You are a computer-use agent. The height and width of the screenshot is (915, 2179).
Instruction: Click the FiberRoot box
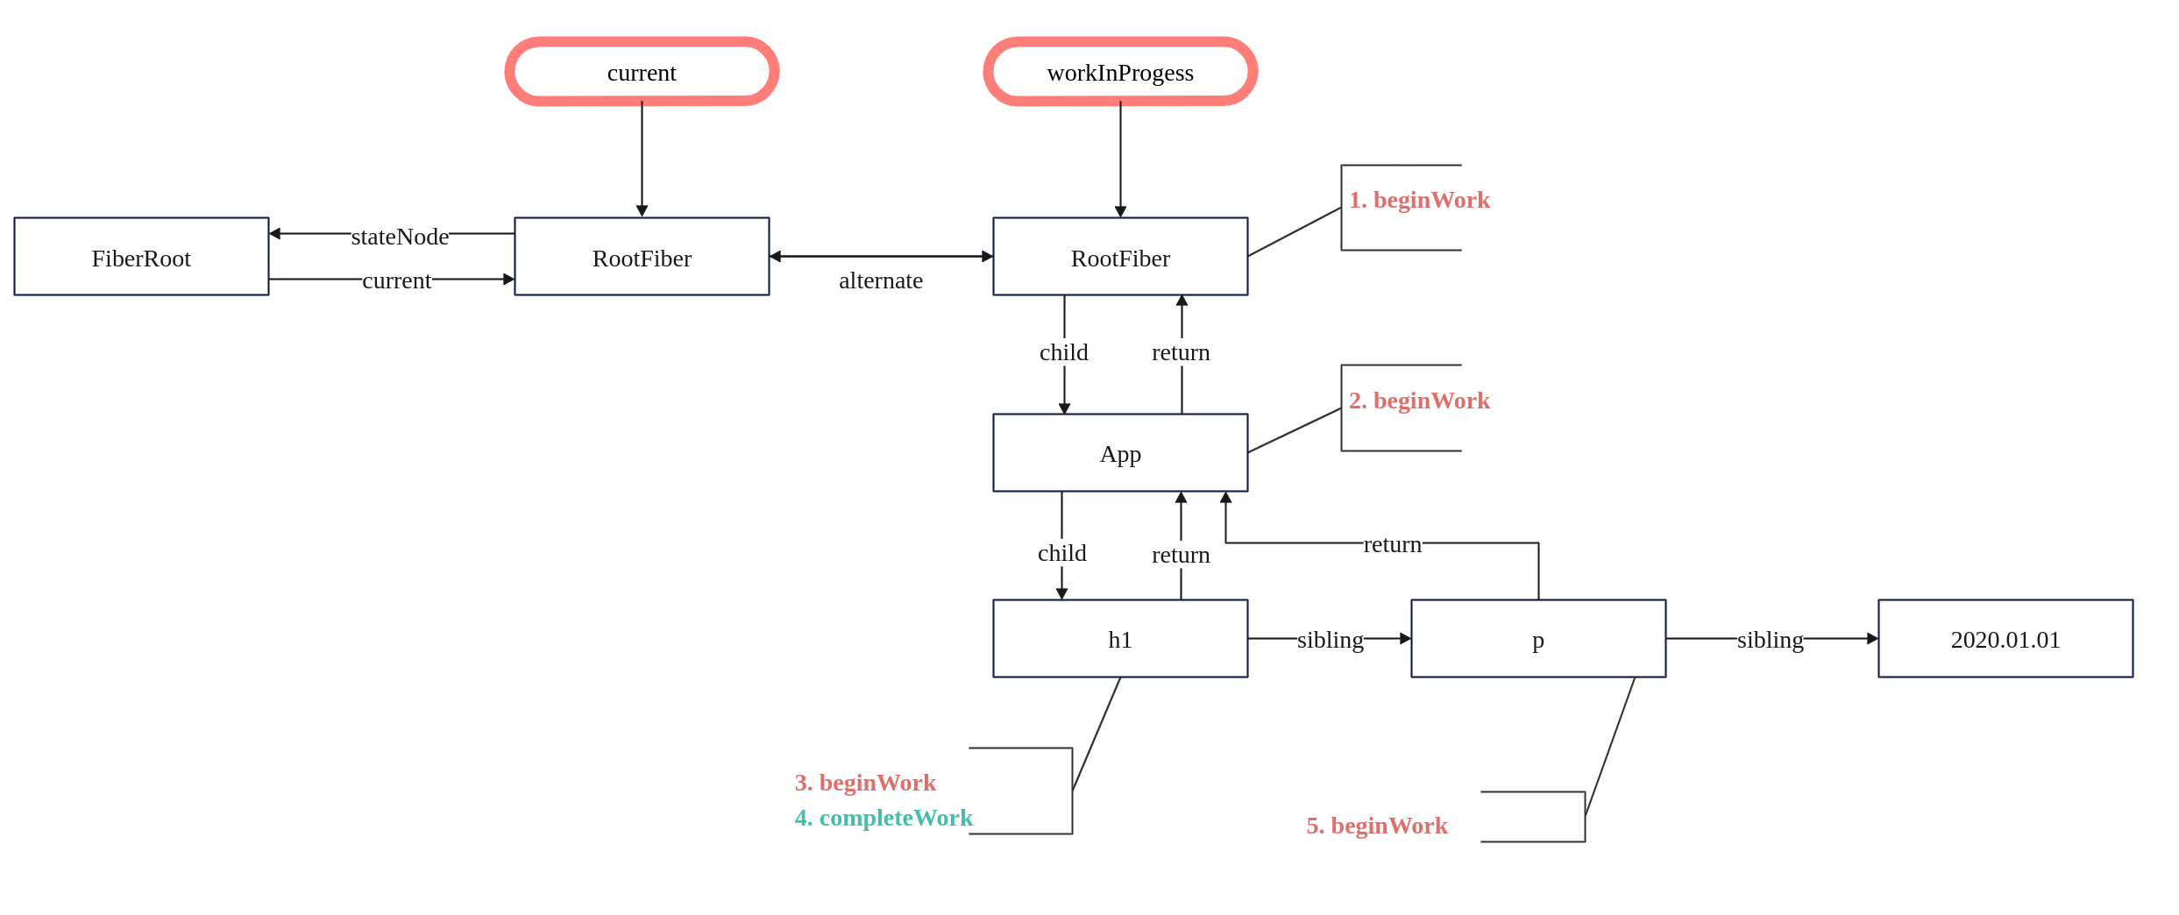[141, 257]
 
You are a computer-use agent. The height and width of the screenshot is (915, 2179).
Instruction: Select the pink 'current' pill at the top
[642, 72]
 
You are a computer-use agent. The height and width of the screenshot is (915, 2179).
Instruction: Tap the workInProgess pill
[1120, 72]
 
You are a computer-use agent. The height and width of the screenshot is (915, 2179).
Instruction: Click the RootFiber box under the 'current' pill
[642, 257]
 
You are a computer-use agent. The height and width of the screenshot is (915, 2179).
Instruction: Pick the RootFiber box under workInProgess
[1120, 257]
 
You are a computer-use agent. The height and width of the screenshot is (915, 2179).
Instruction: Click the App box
[1120, 453]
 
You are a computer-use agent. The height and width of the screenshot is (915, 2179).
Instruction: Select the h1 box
[1120, 639]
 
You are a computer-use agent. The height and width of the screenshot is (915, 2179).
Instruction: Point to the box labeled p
[1538, 639]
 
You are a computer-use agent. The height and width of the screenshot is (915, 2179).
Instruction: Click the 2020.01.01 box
[2005, 639]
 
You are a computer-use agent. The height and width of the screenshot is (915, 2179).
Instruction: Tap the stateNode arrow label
[400, 237]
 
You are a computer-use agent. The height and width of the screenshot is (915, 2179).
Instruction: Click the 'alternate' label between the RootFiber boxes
[881, 280]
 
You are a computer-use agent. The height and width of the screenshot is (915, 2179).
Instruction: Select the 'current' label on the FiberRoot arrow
[397, 280]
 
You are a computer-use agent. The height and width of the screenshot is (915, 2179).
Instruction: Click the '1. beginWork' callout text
[1419, 200]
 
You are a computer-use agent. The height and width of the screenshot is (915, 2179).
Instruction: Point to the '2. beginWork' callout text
[1419, 401]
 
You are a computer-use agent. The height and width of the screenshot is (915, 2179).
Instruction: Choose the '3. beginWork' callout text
[865, 783]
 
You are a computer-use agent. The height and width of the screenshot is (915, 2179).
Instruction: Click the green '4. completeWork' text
[884, 818]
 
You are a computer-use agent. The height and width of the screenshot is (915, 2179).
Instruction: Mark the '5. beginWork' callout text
[1377, 826]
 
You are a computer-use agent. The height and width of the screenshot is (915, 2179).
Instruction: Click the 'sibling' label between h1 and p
[1331, 640]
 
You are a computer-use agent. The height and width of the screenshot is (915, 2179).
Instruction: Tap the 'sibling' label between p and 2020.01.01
[1771, 640]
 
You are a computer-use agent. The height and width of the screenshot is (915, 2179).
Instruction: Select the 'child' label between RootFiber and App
[1064, 352]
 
